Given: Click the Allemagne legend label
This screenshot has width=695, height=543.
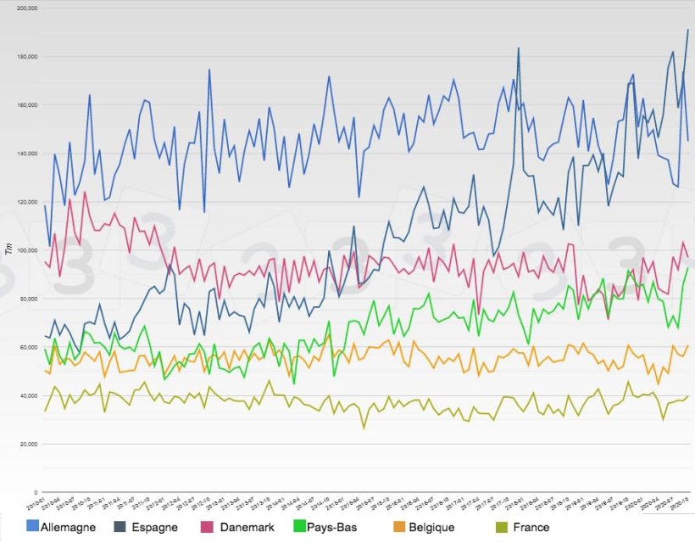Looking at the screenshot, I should pos(64,528).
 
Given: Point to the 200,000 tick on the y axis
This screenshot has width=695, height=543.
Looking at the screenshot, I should pos(25,8).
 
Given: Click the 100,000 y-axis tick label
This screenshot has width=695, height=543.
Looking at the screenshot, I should pos(25,250).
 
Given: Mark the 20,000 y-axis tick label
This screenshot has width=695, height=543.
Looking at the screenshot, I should pos(27,444).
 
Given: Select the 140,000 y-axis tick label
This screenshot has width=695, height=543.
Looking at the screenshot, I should pos(25,154).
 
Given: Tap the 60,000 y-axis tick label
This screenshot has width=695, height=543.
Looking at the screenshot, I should pos(27,347).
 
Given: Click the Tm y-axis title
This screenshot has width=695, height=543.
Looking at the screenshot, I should pos(8,249).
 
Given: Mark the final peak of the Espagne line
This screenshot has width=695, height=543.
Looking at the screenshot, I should pos(687,30).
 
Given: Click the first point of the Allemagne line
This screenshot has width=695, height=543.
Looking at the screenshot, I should pos(44,205).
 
